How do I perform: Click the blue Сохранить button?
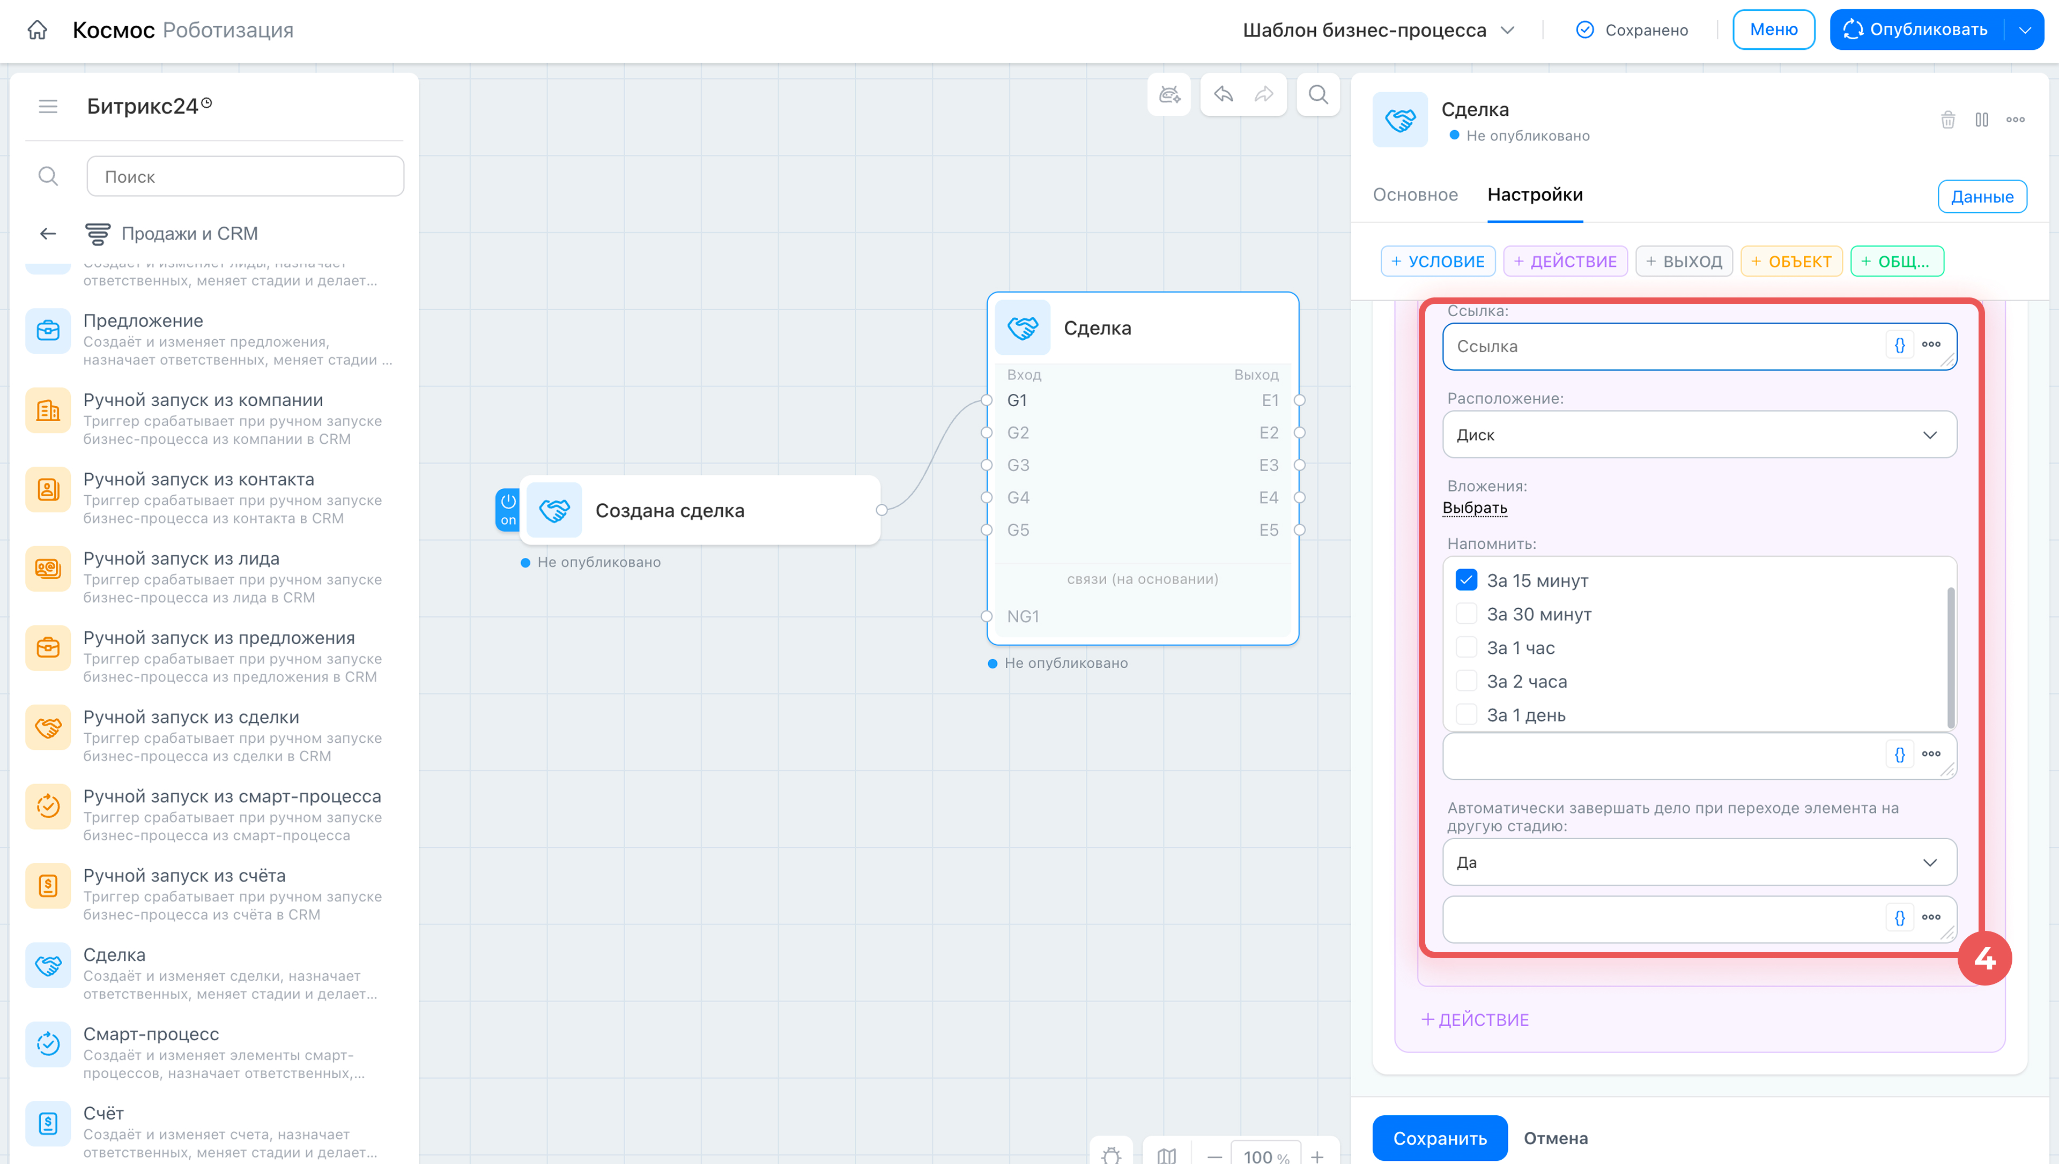(x=1439, y=1138)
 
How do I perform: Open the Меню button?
(x=1774, y=29)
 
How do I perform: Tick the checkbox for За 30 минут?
(x=1465, y=614)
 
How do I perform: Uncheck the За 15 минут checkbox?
(x=1465, y=580)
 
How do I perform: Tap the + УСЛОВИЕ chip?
(x=1438, y=262)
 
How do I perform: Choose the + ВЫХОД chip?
(x=1684, y=262)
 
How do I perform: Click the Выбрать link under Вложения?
(x=1475, y=508)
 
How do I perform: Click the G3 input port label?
(x=1018, y=465)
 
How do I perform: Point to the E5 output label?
(x=1269, y=530)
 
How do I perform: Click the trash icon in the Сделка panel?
(x=1948, y=120)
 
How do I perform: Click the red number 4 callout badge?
(x=1984, y=959)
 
